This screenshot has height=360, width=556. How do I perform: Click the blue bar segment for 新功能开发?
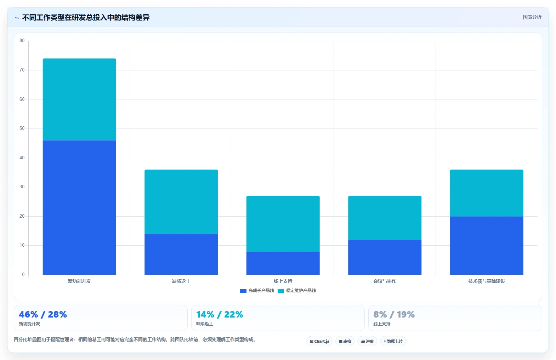[x=79, y=207]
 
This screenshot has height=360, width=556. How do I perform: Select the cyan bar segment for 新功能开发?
[x=79, y=99]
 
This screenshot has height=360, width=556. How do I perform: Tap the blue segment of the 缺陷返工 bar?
[x=181, y=254]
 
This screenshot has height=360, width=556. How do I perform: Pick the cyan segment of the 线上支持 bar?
[x=283, y=224]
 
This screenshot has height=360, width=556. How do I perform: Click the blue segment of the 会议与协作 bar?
[x=385, y=257]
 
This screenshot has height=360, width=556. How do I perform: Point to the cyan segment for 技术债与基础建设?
[x=487, y=193]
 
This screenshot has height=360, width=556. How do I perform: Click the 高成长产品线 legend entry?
[x=257, y=291]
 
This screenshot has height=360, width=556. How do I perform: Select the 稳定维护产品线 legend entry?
[x=297, y=291]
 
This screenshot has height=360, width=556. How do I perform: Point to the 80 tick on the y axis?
[x=22, y=40]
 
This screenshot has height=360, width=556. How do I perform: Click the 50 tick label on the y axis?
[x=22, y=128]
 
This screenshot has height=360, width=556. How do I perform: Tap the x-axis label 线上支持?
[x=283, y=281]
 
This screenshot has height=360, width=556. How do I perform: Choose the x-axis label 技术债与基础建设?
[x=487, y=281]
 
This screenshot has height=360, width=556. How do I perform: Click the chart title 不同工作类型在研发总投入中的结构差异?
[x=86, y=18]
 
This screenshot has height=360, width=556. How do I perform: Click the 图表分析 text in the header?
[x=532, y=17]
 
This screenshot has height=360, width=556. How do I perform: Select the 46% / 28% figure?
[x=43, y=314]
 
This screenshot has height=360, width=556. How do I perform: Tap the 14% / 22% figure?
[x=220, y=314]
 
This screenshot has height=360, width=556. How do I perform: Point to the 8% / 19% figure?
[x=394, y=314]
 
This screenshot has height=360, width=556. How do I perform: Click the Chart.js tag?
[x=319, y=341]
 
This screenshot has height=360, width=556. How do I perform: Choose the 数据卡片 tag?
[x=393, y=341]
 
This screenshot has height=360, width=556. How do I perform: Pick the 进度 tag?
[x=367, y=341]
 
